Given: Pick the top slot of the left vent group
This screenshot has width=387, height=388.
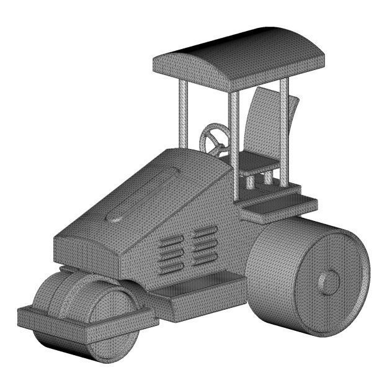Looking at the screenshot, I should coord(171,240).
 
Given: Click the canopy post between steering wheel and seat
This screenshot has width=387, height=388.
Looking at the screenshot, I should coord(234,143).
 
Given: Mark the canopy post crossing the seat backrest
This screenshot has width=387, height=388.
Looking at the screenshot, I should coord(283,130).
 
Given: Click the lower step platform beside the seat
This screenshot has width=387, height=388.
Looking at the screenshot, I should coord(279,208).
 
